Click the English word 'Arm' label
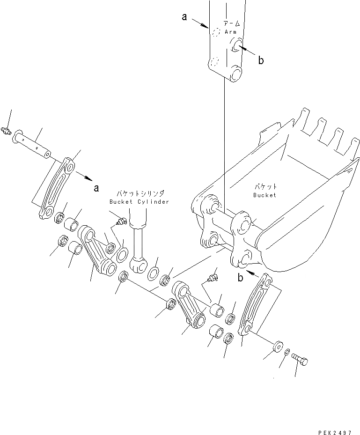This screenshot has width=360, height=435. coord(231,32)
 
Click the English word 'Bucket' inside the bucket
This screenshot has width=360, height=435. coord(265,195)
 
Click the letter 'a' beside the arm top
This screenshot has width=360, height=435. coord(184,17)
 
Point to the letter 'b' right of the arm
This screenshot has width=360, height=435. coord(261,60)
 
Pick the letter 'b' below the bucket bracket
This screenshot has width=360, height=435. coord(240,278)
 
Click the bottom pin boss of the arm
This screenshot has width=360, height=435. coord(235,73)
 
